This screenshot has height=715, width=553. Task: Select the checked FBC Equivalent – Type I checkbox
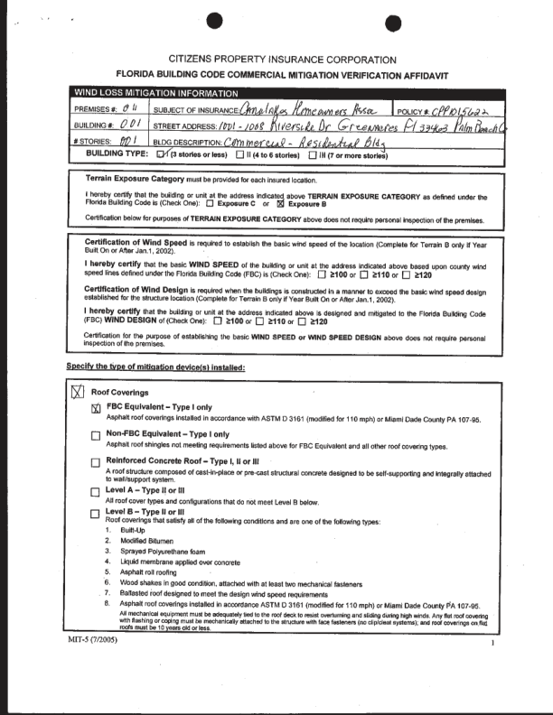coord(96,408)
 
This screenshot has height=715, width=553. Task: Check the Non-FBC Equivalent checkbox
coord(96,435)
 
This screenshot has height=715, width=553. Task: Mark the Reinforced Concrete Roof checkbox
coord(96,463)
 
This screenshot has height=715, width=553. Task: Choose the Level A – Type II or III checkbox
coord(96,491)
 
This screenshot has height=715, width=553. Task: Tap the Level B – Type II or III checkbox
coord(96,513)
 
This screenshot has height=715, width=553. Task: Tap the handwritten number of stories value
coord(127,141)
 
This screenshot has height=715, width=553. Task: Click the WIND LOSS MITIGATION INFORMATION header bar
coord(154,92)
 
